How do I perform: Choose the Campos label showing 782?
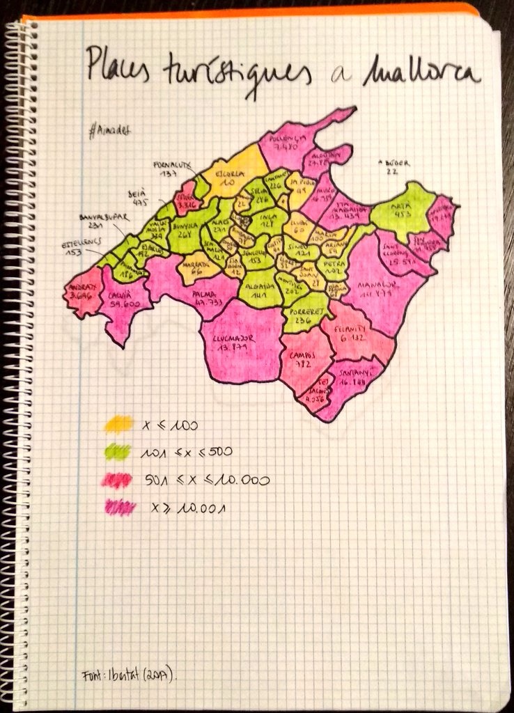coord(303,359)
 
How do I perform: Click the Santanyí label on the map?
coord(355,377)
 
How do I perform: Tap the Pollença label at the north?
coord(287,143)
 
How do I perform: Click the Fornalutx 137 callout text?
coord(171,169)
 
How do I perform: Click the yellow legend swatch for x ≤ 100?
coord(117,423)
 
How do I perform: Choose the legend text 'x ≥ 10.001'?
coord(189,508)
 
